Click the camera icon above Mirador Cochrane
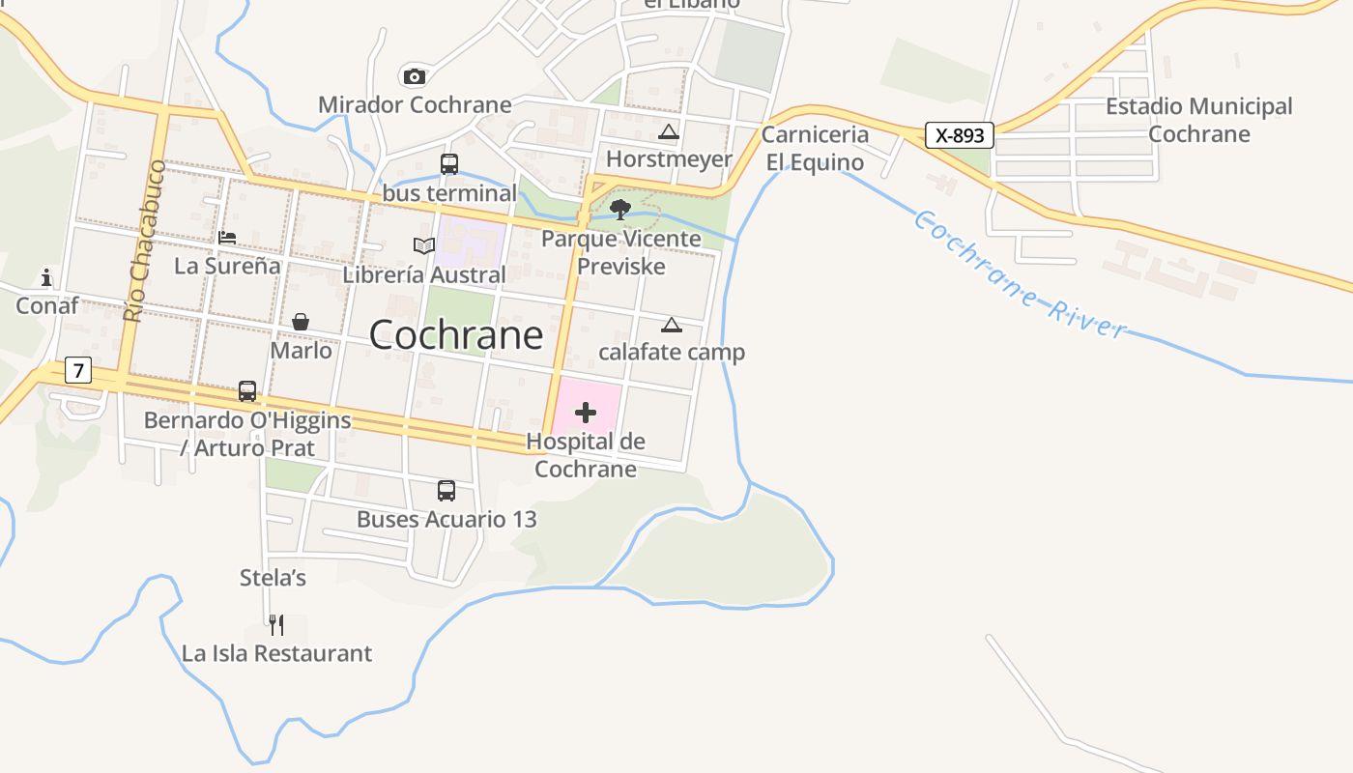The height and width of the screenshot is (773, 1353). click(414, 76)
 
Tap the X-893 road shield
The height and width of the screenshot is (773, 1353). click(959, 135)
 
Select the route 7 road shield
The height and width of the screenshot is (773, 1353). click(78, 370)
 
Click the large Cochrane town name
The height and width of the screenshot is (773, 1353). click(456, 334)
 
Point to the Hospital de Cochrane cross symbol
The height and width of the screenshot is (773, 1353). click(585, 414)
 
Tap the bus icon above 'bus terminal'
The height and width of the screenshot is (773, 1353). click(449, 164)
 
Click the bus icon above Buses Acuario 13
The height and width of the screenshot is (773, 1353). click(446, 491)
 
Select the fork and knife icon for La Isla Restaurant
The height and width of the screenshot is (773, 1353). click(276, 625)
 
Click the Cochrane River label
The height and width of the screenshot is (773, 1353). click(1019, 275)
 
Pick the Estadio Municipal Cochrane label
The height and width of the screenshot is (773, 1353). click(1198, 120)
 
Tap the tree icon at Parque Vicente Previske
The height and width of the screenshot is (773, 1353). click(620, 209)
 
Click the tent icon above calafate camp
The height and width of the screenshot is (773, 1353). click(671, 325)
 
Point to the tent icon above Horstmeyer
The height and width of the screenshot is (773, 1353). click(668, 131)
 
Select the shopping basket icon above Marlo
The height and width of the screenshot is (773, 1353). click(301, 322)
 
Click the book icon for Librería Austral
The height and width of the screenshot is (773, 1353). click(423, 245)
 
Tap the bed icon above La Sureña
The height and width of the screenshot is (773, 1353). click(227, 237)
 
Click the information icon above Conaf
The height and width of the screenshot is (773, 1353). click(46, 278)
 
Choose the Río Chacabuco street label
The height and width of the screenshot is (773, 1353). click(141, 242)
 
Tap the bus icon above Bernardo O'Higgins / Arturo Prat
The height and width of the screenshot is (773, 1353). click(247, 391)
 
